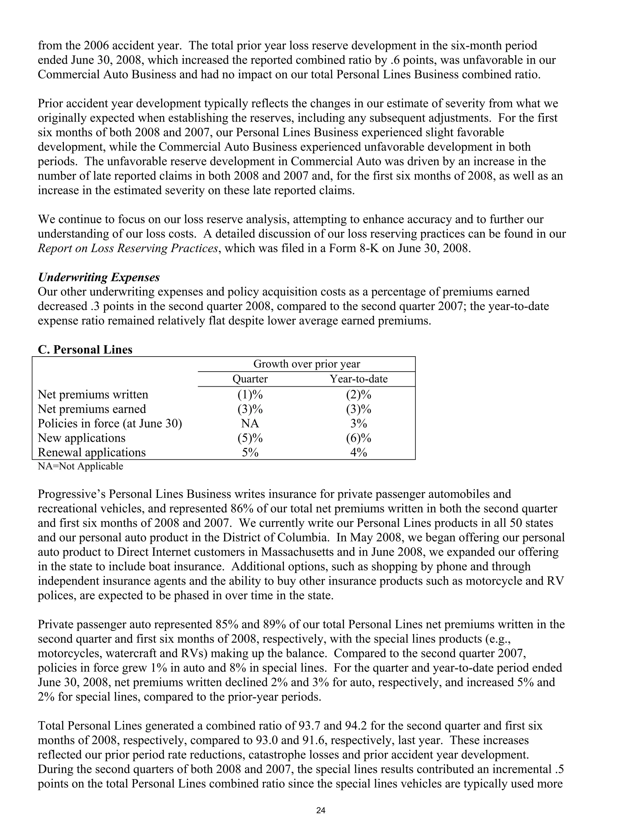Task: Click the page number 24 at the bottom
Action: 321,810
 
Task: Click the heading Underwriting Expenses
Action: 98,278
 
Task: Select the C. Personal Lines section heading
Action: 85,350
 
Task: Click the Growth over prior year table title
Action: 306,364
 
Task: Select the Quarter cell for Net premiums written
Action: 250,394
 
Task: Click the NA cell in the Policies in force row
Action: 250,423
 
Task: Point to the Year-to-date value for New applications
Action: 358,438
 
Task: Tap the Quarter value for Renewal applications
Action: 250,453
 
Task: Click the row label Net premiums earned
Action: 92,409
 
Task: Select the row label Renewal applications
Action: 92,453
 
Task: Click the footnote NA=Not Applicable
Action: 80,466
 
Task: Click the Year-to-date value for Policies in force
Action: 358,423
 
